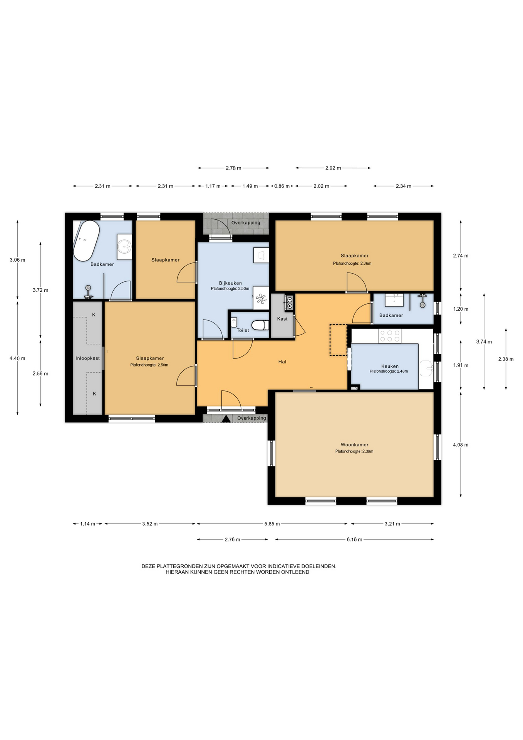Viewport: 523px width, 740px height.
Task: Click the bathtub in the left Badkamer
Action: coord(86,241)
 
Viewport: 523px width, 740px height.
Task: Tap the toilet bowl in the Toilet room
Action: coord(260,325)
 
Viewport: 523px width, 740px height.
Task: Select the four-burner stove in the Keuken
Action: coord(390,336)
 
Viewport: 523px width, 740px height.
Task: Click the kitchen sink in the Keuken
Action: coord(426,368)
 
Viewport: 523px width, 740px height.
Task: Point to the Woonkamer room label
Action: coord(354,444)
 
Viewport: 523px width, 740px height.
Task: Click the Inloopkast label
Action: coord(87,358)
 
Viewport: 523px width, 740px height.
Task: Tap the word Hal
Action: coord(282,362)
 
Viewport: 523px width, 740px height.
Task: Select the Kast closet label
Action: coord(282,319)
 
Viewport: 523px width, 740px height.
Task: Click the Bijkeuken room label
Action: coord(230,283)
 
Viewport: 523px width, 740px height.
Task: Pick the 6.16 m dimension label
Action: coord(354,540)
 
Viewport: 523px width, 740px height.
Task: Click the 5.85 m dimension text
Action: coord(272,524)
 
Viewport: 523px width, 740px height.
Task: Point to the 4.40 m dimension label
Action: coord(17,358)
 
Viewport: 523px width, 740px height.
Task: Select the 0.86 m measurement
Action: coord(282,186)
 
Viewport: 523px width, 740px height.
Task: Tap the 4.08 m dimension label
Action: coord(461,445)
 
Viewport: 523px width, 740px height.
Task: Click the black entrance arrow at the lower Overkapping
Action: coord(226,419)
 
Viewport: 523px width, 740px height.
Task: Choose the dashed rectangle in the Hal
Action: coord(338,340)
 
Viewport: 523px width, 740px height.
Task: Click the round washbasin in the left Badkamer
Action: coord(125,244)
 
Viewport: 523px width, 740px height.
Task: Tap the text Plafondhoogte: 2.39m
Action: coord(354,451)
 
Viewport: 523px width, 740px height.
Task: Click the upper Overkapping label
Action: coord(246,223)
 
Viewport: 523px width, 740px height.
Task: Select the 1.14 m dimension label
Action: coord(87,524)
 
